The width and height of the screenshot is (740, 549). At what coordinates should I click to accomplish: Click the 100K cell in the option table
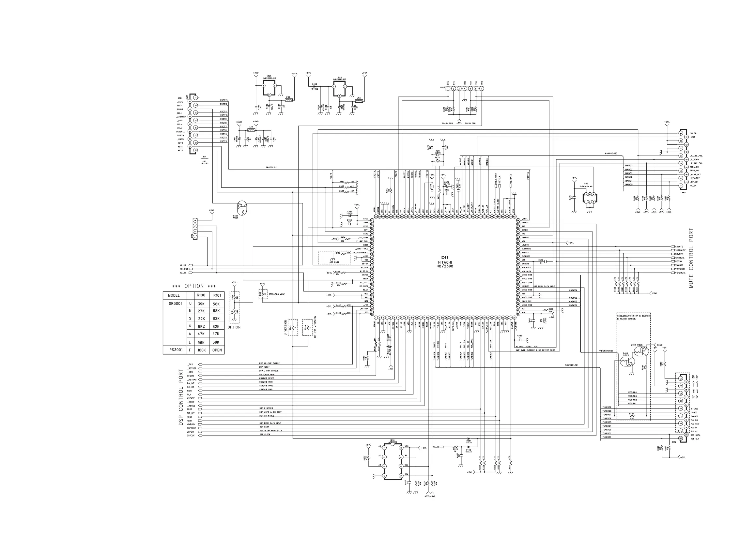coord(201,350)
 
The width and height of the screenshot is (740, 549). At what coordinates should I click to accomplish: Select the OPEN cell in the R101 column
coord(217,350)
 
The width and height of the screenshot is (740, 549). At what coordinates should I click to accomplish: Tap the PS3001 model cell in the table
coord(175,349)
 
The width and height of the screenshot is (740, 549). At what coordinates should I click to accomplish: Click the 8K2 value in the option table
coord(201,326)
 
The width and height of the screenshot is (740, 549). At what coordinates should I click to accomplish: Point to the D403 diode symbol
coord(315,86)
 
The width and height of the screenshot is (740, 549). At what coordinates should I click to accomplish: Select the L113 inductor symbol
coord(359,100)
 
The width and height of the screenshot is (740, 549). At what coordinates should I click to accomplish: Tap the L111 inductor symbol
coord(251,130)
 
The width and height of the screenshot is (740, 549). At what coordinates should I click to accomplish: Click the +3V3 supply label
coord(294,73)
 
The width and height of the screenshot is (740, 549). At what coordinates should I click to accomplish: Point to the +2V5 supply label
coord(364,73)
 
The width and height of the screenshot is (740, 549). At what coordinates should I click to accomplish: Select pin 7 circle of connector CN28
coord(481,89)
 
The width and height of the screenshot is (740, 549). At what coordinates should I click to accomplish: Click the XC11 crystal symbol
coord(438,155)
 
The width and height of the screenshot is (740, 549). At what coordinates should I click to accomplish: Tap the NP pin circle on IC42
coord(590,194)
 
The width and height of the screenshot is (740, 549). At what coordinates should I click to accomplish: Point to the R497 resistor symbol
coord(632,416)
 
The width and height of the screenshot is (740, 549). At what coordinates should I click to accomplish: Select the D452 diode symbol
coord(468,447)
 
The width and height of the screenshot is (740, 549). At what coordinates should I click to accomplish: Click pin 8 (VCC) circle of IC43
coord(401,448)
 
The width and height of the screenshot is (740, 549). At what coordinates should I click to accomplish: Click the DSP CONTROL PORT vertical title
coord(181,397)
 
